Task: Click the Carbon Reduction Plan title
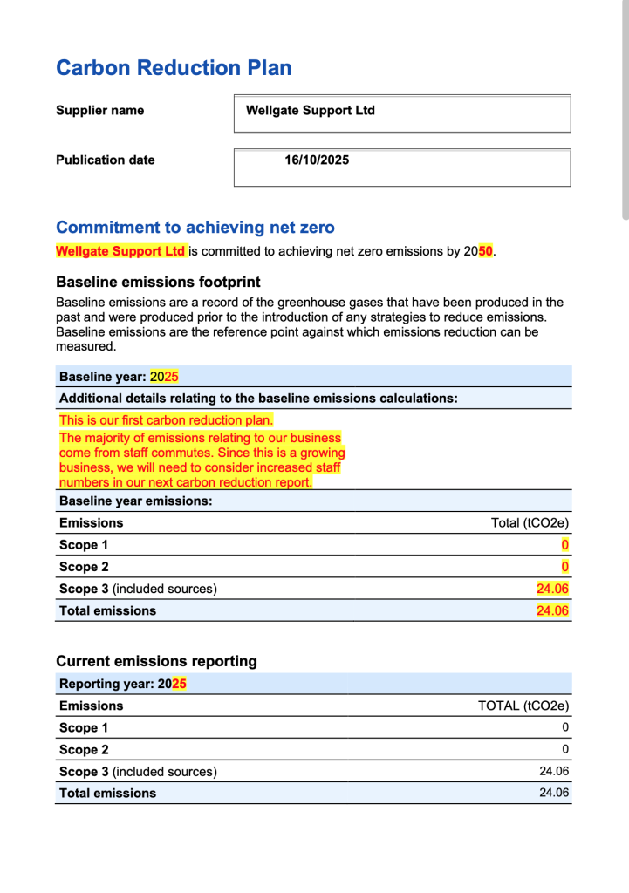[174, 68]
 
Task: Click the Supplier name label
[99, 111]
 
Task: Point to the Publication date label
[105, 160]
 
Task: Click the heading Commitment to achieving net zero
[195, 228]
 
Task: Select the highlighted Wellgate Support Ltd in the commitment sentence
[120, 251]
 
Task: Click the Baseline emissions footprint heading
[158, 282]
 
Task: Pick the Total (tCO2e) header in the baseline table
[530, 523]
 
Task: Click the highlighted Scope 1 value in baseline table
[564, 545]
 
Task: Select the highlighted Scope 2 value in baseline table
[564, 567]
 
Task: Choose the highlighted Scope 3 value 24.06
[552, 589]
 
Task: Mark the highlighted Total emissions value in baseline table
[552, 610]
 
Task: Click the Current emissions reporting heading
[156, 661]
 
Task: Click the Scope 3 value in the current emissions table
[554, 771]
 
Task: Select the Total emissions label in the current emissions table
[107, 793]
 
